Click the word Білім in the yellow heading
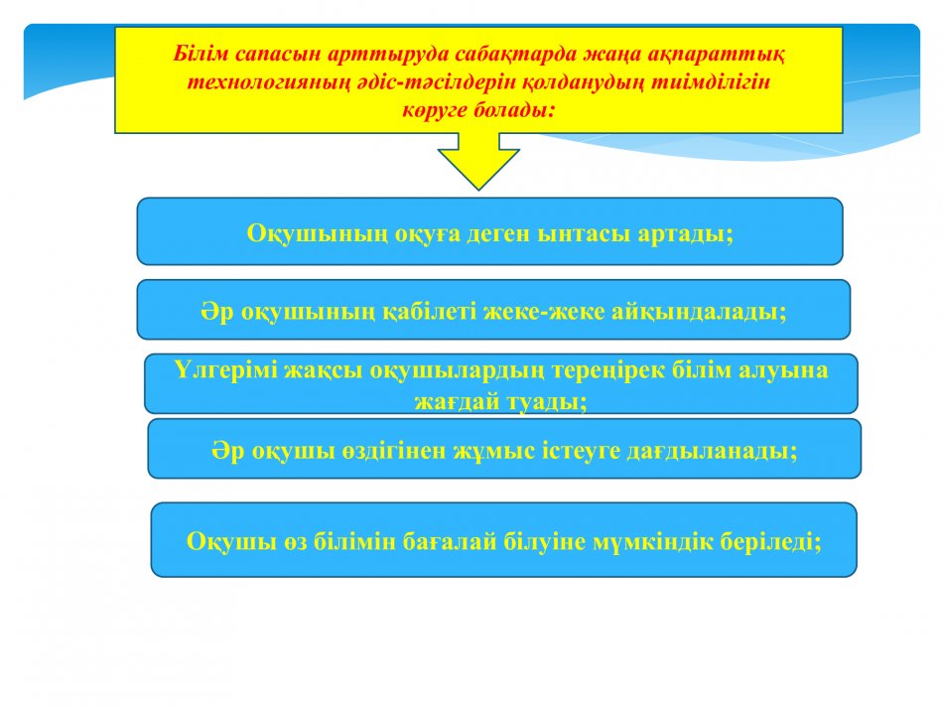click(x=202, y=55)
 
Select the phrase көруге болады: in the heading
click(x=478, y=110)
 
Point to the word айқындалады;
click(x=700, y=312)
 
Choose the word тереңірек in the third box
click(x=608, y=370)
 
